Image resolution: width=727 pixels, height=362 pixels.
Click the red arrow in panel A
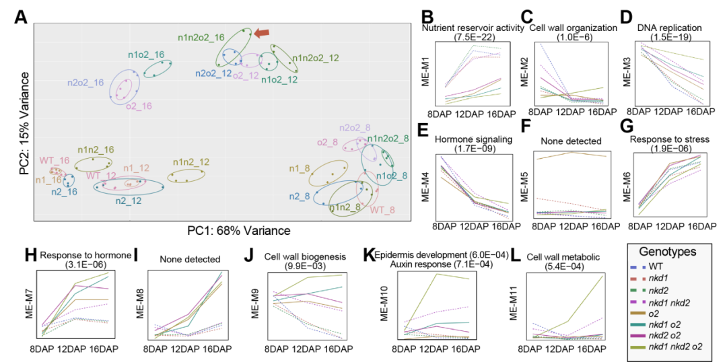coord(264,32)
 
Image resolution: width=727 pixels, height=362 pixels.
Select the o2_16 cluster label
coord(139,106)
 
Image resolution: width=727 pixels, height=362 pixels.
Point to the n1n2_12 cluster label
coord(193,162)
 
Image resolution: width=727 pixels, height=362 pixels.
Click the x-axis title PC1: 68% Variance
coord(240,231)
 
